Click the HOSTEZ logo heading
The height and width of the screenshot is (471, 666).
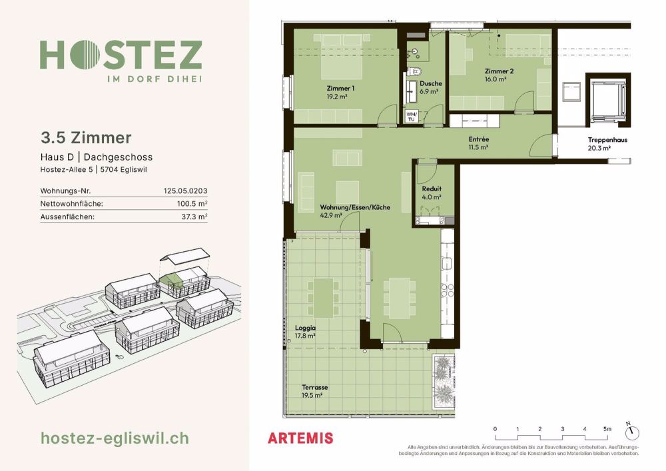point(121,55)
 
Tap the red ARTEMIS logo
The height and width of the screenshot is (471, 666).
point(300,438)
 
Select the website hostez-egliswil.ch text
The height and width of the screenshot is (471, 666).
point(115,438)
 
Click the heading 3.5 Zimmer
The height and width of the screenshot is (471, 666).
point(86,138)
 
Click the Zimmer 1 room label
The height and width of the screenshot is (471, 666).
point(340,89)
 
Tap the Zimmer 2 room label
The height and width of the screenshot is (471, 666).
point(498,71)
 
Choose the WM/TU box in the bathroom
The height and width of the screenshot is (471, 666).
point(411,117)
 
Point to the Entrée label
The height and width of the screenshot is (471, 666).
point(479,139)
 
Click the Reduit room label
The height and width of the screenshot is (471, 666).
point(432,189)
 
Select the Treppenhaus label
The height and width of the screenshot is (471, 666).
point(607,140)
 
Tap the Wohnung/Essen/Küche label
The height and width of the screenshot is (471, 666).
point(354,207)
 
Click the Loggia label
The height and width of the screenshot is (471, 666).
point(305,328)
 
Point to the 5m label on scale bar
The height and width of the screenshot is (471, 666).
point(607,428)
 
